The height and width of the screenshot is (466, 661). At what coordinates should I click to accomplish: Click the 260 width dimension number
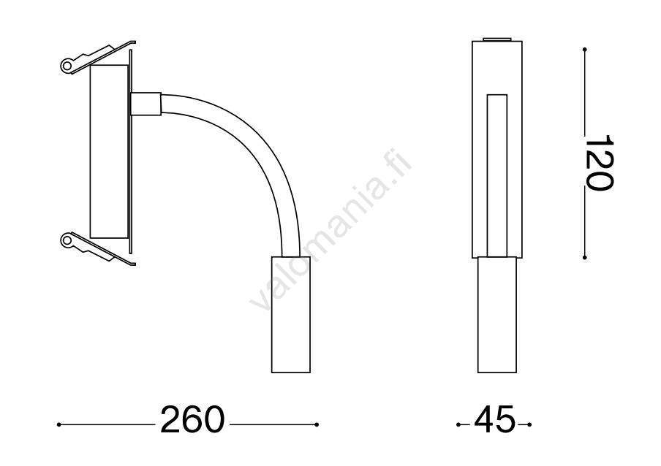pos(192,420)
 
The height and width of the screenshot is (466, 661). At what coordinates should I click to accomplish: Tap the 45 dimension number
pos(494,420)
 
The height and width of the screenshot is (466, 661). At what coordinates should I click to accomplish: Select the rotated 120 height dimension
pos(599,163)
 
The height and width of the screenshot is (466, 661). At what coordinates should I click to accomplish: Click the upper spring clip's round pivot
pos(67,65)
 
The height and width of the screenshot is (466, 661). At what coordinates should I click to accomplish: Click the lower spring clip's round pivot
pos(67,240)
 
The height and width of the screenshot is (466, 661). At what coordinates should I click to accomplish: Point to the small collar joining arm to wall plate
pos(146,104)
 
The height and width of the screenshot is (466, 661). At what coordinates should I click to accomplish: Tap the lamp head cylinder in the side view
pos(291,315)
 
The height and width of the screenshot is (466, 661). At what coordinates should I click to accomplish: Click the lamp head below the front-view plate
pos(497,315)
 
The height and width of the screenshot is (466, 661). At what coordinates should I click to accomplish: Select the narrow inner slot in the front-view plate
pos(497,175)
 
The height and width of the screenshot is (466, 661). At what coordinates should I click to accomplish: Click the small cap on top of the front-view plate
pos(497,39)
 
